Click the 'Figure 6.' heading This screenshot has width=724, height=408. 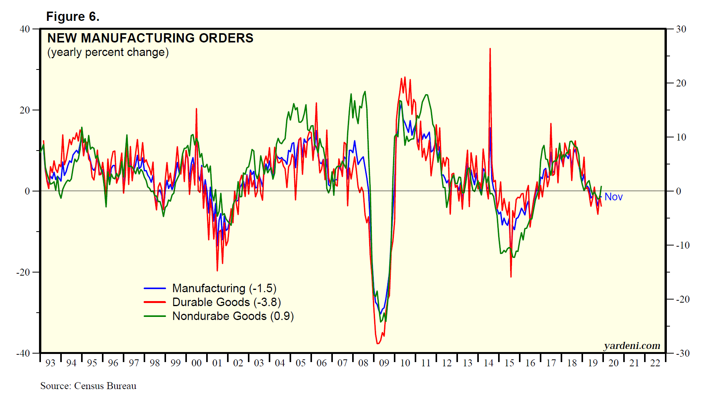pos(73,17)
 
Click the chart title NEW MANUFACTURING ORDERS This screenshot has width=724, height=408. pos(150,38)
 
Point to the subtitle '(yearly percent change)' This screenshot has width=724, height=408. pos(108,52)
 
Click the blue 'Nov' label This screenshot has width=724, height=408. pos(613,197)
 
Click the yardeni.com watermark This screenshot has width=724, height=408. pos(632,345)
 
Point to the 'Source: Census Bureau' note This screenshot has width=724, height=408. pos(88,386)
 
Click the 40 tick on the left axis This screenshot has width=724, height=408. pos(25,29)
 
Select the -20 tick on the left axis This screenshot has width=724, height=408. pos(23,272)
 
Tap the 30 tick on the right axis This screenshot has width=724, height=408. pos(681,29)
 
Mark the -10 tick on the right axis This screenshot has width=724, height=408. pos(682,245)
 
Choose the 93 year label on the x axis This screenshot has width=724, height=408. pos(51,363)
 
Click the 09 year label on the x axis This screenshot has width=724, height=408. pos(384,363)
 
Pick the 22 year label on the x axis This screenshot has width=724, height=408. pos(655,363)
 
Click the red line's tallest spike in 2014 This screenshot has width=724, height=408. pos(490,49)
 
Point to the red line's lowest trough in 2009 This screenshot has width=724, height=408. pos(378,343)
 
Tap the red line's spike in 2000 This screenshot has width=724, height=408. pos(196,109)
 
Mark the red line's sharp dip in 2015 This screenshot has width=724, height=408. pos(511,276)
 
